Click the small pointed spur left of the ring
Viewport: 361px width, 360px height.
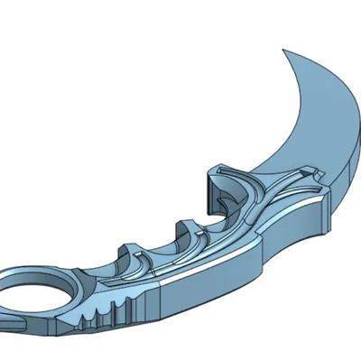click(x=5, y=319)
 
